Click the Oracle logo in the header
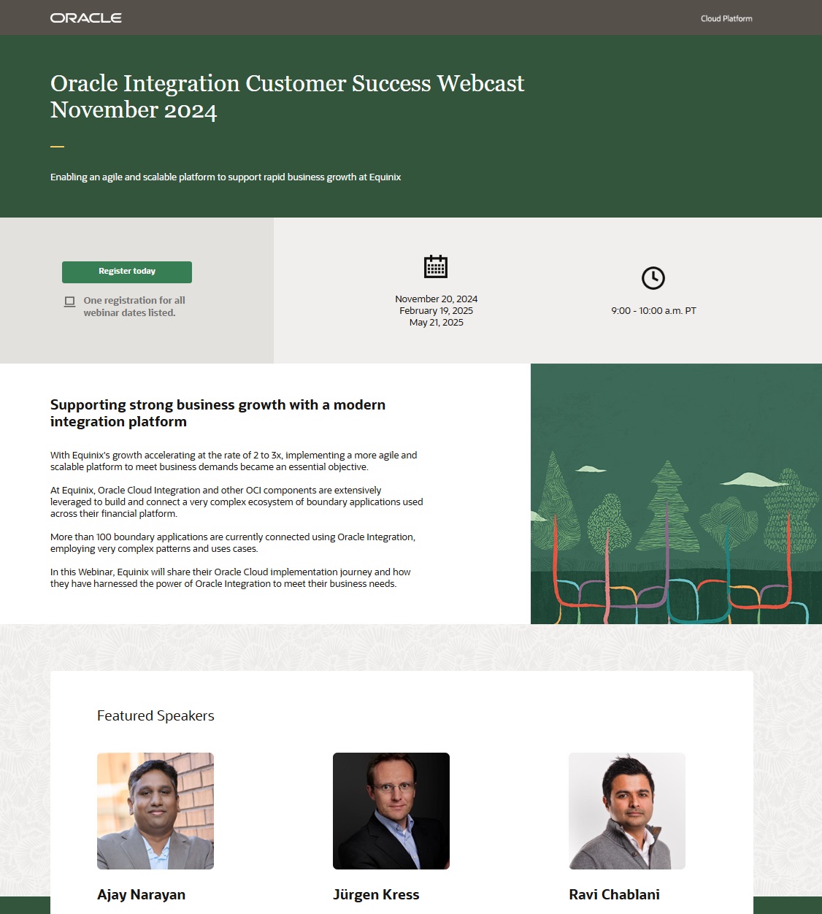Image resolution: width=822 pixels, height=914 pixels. click(x=86, y=18)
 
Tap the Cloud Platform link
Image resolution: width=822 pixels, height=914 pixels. click(x=726, y=18)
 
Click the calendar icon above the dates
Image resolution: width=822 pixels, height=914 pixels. click(x=436, y=266)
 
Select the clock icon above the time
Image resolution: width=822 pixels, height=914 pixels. click(x=653, y=278)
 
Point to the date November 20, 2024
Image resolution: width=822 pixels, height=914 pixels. click(x=436, y=299)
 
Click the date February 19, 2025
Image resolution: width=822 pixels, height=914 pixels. click(x=436, y=310)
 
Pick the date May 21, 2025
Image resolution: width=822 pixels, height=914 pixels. click(x=436, y=322)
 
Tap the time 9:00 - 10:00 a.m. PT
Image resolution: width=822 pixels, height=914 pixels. click(x=653, y=310)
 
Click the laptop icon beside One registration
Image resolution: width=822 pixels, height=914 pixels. click(x=69, y=302)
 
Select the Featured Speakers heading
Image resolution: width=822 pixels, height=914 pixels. click(x=155, y=715)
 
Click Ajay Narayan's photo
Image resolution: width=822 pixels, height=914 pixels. click(x=155, y=810)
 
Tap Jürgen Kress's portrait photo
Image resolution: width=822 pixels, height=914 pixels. click(x=391, y=810)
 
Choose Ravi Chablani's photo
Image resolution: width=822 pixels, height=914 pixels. click(x=627, y=810)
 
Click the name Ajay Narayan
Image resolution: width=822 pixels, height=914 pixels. click(x=141, y=894)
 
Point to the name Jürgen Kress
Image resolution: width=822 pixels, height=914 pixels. click(x=376, y=894)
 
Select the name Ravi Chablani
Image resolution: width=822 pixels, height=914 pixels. click(x=614, y=894)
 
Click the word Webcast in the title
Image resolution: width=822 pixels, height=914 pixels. click(x=480, y=83)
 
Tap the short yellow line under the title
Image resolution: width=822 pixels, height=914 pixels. click(x=57, y=147)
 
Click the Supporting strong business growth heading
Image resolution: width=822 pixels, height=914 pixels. click(x=218, y=412)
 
